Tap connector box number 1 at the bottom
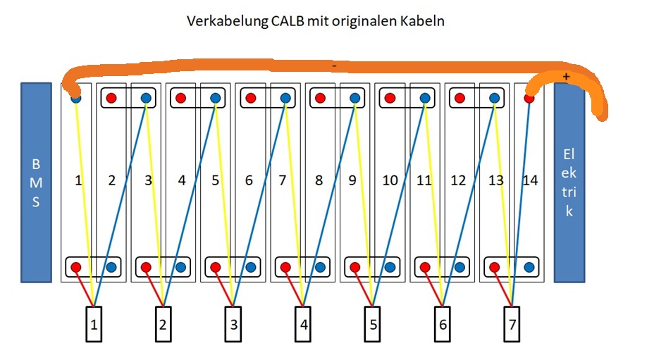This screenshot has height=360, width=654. pyautogui.click(x=94, y=324)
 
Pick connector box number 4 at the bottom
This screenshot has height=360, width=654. pyautogui.click(x=303, y=324)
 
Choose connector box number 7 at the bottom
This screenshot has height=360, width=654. pyautogui.click(x=512, y=324)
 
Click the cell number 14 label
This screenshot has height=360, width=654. pyautogui.click(x=531, y=181)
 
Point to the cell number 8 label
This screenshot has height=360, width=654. pyautogui.click(x=319, y=181)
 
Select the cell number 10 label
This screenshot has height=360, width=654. pyautogui.click(x=390, y=181)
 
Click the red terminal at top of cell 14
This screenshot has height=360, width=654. pyautogui.click(x=529, y=99)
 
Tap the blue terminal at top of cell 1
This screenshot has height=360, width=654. pyautogui.click(x=76, y=99)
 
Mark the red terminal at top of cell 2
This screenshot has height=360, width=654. pyautogui.click(x=111, y=99)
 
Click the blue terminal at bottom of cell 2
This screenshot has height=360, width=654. pyautogui.click(x=111, y=268)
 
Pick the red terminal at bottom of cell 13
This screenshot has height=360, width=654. pyautogui.click(x=494, y=268)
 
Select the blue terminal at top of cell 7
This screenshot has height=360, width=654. pyautogui.click(x=285, y=99)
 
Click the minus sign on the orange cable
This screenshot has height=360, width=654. pyautogui.click(x=334, y=66)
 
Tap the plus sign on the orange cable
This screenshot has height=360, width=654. pyautogui.click(x=566, y=75)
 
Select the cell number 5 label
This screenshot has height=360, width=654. pyautogui.click(x=216, y=181)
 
